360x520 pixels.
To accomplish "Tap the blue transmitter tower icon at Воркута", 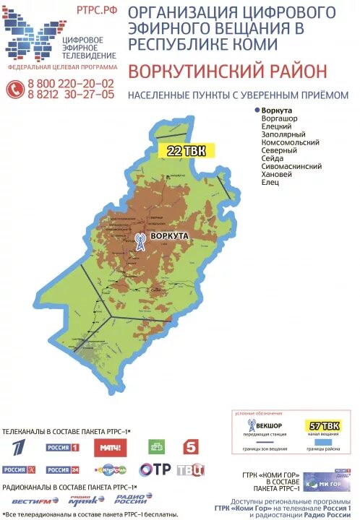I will click(140, 241).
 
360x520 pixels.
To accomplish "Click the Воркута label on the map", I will click(170, 236).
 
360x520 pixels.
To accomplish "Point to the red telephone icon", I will click(14, 89).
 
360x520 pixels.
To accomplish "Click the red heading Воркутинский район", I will click(227, 71).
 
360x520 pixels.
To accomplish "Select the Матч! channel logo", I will click(110, 448).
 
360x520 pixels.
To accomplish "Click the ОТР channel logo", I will click(155, 470).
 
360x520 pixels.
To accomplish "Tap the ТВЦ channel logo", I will click(191, 470).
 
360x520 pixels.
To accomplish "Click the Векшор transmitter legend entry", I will click(265, 426).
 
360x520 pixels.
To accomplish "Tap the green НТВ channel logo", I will click(155, 447).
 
